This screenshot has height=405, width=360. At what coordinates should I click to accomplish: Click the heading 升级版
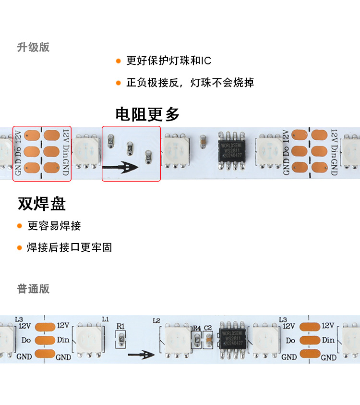coord(33,47)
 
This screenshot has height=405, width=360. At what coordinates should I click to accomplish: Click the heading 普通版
coord(33,289)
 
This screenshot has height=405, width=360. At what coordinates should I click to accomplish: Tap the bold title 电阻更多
coord(147,114)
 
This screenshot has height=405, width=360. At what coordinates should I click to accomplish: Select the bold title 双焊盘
coord(42,204)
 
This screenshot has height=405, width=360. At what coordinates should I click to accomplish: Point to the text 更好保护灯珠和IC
coord(168,61)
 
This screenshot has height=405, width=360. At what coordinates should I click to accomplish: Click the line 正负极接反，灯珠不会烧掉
coord(190,83)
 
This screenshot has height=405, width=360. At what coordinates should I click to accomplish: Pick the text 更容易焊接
coord(54,226)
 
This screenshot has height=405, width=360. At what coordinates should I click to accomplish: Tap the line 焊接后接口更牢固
coord(70,247)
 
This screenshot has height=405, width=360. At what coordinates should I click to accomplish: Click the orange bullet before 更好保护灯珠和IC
coord(118,61)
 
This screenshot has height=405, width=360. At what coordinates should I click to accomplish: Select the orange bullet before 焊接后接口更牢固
coord(20,248)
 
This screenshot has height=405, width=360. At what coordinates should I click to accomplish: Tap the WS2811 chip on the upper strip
coord(232,149)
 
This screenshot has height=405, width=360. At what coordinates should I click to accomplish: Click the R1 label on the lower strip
coord(120,327)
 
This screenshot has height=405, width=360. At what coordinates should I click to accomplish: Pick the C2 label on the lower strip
coord(208,328)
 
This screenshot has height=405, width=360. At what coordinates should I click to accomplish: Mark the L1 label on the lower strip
coord(106,319)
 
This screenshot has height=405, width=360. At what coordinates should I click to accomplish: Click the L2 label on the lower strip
coord(156,320)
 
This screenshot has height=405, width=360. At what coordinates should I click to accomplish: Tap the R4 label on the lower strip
coord(196,329)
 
